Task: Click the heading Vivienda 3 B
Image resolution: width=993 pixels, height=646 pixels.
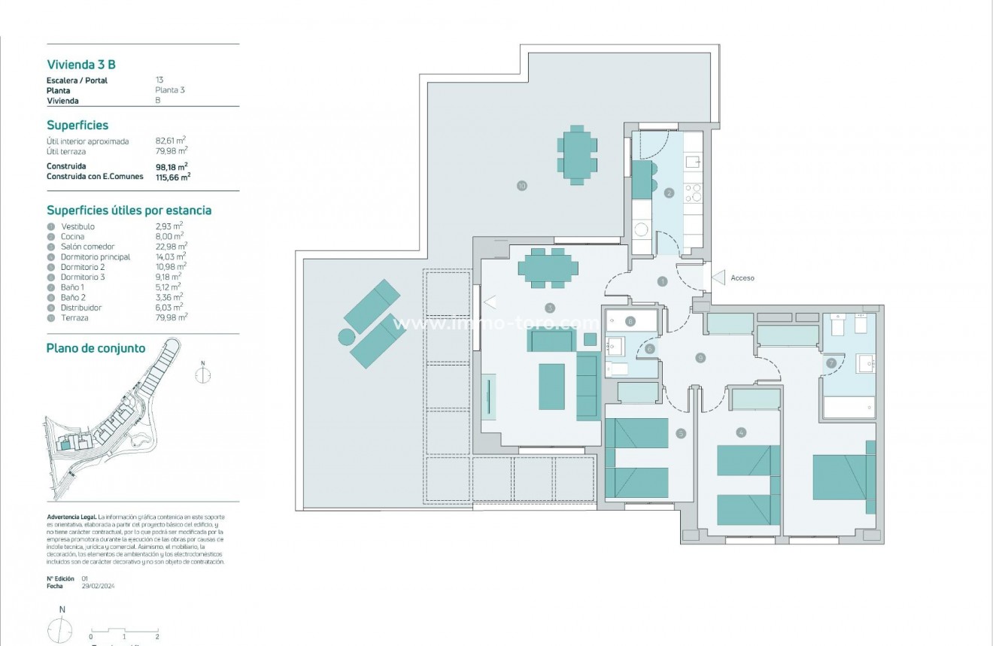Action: [81, 65]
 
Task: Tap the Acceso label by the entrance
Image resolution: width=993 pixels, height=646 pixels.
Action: [742, 278]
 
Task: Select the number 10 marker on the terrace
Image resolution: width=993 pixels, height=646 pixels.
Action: [521, 186]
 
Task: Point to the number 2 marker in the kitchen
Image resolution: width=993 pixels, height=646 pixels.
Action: [669, 193]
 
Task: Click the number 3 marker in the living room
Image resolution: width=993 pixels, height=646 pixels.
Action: [550, 308]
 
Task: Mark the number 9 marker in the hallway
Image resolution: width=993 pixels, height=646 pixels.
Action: [700, 358]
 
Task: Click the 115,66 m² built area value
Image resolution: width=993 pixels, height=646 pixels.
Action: [172, 177]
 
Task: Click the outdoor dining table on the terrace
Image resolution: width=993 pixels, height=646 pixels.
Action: [578, 155]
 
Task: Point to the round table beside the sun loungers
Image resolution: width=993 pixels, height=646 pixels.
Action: [346, 336]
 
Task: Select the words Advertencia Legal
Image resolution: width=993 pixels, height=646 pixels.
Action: [71, 517]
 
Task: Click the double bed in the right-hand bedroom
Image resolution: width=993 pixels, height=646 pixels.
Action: [840, 477]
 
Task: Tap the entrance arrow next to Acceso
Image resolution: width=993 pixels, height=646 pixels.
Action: [718, 278]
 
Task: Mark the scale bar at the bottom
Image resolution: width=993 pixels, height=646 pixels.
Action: [124, 632]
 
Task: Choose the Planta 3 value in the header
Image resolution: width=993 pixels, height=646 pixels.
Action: [170, 90]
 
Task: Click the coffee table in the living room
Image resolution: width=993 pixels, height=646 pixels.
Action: [551, 387]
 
